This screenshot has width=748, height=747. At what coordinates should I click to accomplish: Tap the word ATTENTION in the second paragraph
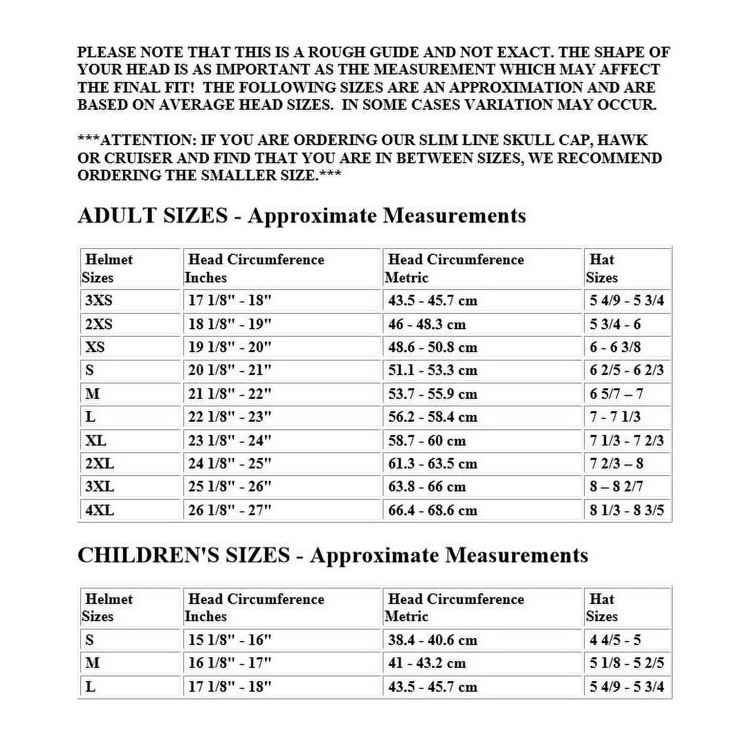145,140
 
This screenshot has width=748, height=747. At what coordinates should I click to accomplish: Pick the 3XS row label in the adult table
99,301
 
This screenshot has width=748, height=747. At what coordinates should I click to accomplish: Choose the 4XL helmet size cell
100,510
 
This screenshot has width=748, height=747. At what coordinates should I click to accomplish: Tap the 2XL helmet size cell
100,464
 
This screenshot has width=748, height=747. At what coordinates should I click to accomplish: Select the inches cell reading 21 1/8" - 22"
229,394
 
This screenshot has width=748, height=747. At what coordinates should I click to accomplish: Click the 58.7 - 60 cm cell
426,440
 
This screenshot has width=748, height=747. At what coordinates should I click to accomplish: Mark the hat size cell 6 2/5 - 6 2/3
626,370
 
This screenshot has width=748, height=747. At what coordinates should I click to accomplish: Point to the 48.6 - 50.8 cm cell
432,347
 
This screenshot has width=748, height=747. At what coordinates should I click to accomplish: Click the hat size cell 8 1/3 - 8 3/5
626,510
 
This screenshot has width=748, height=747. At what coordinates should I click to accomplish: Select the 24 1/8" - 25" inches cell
229,464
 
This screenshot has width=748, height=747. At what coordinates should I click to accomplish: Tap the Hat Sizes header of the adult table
602,269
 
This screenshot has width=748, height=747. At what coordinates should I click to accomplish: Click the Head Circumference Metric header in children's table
456,608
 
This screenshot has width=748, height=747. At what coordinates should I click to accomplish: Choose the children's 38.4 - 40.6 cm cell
432,640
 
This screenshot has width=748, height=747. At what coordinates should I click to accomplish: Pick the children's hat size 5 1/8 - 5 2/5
626,663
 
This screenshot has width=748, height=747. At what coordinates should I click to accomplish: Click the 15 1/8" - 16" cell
229,640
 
